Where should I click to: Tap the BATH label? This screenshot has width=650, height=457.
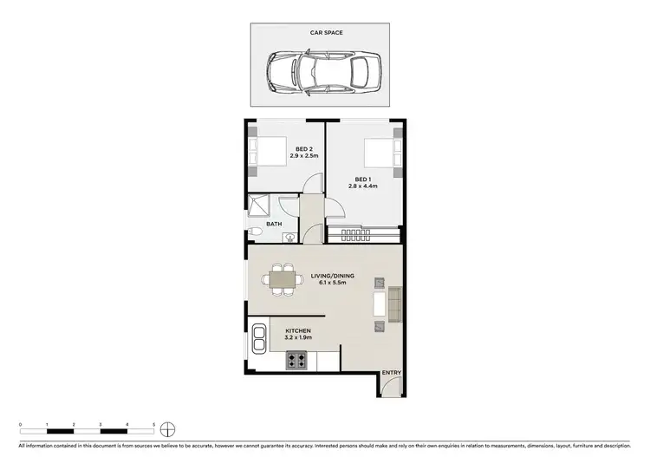coord(274,224)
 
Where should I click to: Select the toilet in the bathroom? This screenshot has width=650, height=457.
coord(253,232)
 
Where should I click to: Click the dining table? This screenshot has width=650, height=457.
coord(279,279)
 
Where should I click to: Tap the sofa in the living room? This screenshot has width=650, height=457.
coord(394,303)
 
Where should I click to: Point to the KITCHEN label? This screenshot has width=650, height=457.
coord(298,330)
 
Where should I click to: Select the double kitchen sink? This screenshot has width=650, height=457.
coord(258,337)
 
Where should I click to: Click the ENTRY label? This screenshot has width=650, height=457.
coord(392,373)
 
